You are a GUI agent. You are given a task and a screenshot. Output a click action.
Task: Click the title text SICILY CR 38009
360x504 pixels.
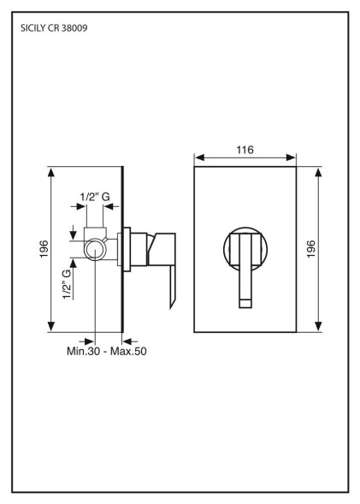pyautogui.click(x=54, y=28)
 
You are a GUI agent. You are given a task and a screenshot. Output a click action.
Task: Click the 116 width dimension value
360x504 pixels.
pyautogui.click(x=245, y=150)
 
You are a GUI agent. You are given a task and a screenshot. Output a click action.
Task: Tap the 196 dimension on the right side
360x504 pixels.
pyautogui.click(x=311, y=249)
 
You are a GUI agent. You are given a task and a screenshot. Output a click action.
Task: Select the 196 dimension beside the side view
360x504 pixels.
pyautogui.click(x=44, y=249)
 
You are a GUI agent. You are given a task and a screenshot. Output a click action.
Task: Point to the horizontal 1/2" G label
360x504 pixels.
pyautogui.click(x=95, y=197)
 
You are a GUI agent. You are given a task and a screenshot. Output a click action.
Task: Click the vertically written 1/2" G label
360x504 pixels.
pyautogui.click(x=67, y=284)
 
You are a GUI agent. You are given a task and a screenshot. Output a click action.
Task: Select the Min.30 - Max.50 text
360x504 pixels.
pyautogui.click(x=107, y=351)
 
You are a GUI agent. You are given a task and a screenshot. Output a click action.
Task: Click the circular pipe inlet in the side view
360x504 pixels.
pyautogui.click(x=96, y=250)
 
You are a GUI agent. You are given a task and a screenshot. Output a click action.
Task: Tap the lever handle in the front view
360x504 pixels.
pyautogui.click(x=245, y=270)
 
